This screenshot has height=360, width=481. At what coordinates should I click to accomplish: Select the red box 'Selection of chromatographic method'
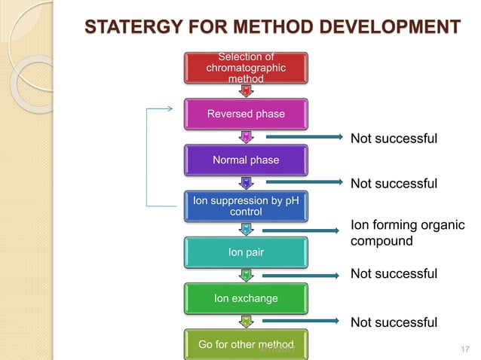pyautogui.click(x=245, y=69)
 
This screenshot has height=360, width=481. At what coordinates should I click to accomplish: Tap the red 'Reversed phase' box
pyautogui.click(x=245, y=114)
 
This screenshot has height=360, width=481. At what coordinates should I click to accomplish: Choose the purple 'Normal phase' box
pyautogui.click(x=245, y=160)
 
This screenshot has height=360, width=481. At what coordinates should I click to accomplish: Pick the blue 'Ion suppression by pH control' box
pyautogui.click(x=245, y=206)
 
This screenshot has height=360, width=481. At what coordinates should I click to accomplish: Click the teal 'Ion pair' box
pyautogui.click(x=245, y=252)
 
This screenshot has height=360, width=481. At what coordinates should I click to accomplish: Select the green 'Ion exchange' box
pyautogui.click(x=245, y=298)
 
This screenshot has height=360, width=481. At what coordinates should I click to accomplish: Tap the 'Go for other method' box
pyautogui.click(x=245, y=344)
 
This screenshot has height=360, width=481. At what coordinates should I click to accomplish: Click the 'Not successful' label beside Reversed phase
pyautogui.click(x=394, y=138)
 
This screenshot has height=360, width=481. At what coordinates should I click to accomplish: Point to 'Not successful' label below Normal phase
pyautogui.click(x=394, y=184)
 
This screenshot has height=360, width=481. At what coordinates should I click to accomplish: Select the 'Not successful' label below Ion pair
pyautogui.click(x=394, y=273)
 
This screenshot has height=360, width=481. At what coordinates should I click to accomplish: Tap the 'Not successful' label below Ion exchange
pyautogui.click(x=394, y=322)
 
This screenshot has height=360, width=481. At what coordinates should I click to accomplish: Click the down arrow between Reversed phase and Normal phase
pyautogui.click(x=245, y=136)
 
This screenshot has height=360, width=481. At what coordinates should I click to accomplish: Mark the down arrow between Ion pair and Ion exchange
pyautogui.click(x=245, y=275)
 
